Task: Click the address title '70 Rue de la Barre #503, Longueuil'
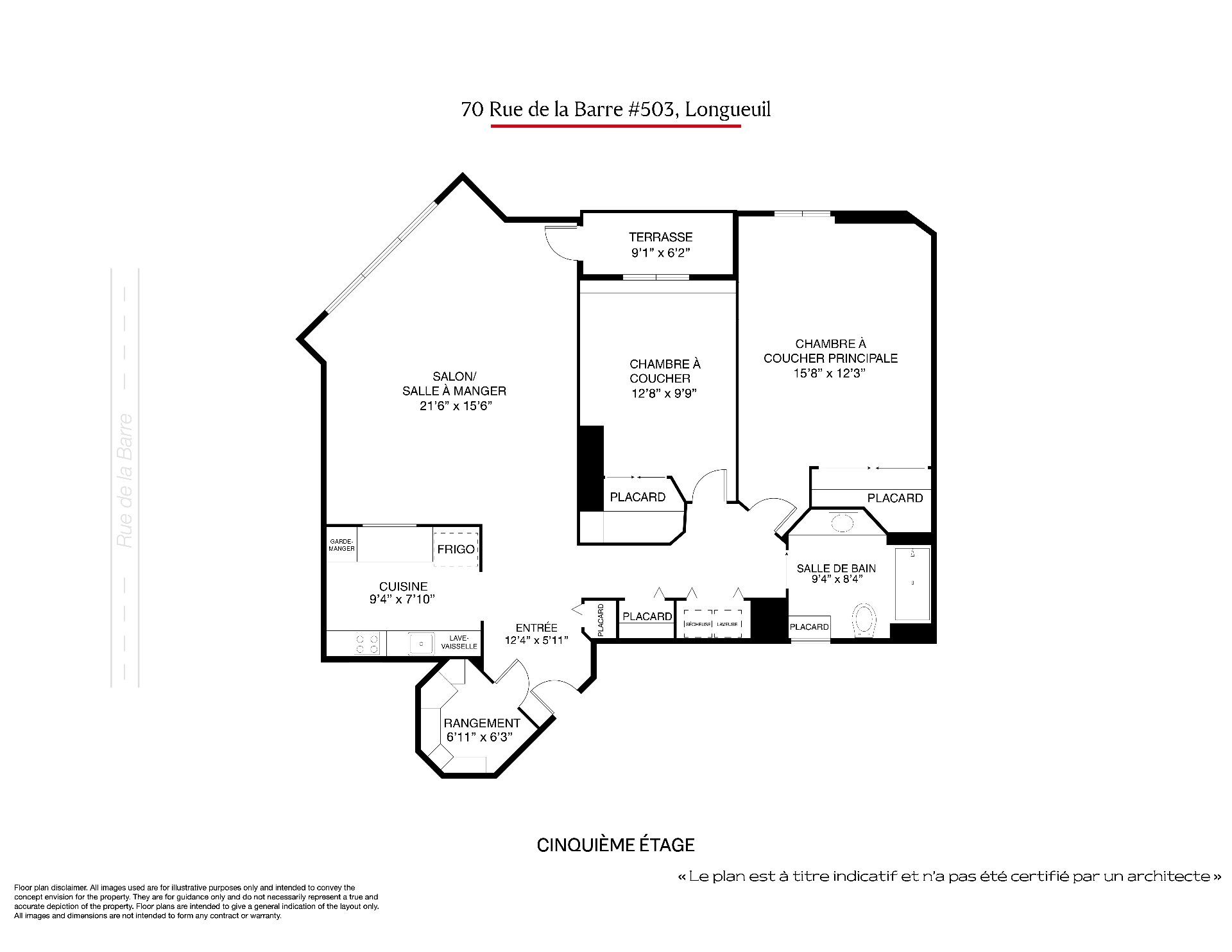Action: pos(616,109)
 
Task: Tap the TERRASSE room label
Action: pos(660,238)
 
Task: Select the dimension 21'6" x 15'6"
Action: pos(455,406)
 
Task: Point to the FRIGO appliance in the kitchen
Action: pos(456,549)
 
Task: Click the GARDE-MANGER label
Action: pos(342,545)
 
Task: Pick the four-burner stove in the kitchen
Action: pos(367,644)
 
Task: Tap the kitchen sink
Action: pos(421,643)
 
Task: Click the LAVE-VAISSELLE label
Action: pos(459,642)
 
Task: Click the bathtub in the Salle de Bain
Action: pos(912,584)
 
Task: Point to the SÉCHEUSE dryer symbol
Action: pos(697,623)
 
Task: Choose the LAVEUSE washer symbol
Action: pos(728,623)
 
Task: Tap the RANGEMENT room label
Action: pos(482,723)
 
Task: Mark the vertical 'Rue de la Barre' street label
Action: pos(125,481)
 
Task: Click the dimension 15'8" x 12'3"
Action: pos(830,374)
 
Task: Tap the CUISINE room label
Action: pos(403,586)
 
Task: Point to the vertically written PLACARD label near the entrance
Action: pos(601,620)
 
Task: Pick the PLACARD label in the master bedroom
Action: pos(895,498)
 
